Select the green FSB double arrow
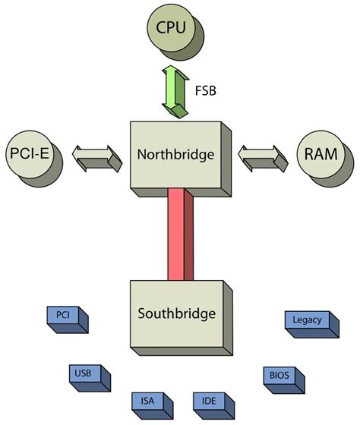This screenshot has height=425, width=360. pyautogui.click(x=175, y=91)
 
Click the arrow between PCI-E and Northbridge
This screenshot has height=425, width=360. pyautogui.click(x=96, y=157)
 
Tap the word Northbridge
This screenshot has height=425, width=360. pyautogui.click(x=175, y=155)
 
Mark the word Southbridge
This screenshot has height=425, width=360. pyautogui.click(x=176, y=313)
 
